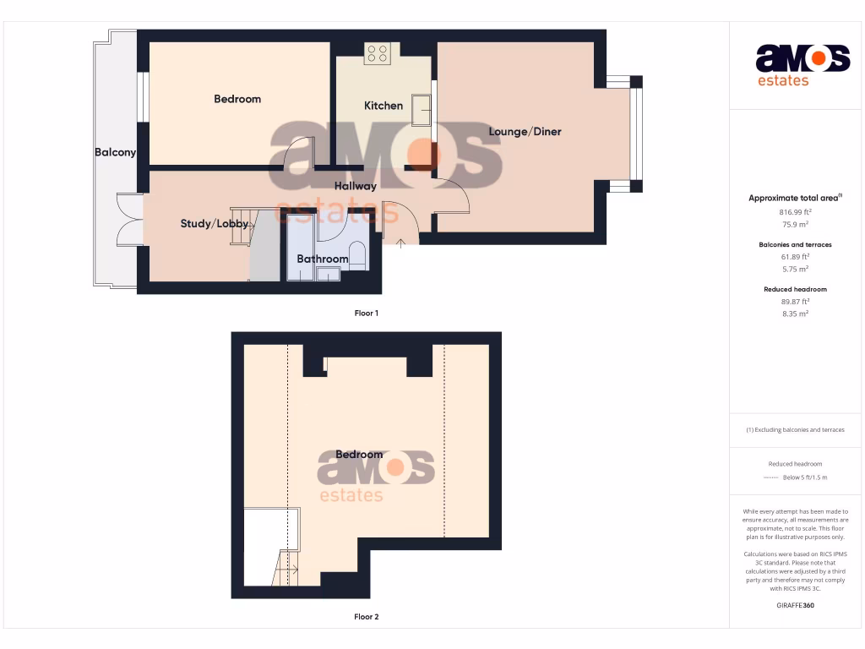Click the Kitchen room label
pos(384,106)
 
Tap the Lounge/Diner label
pos(525,131)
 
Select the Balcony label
pos(115,152)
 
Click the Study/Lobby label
pos(215,224)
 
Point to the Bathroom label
pos(323,259)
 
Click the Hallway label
pos(356,186)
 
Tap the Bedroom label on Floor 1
pos(237,99)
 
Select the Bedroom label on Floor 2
pos(359,454)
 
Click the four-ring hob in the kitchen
pos(377,54)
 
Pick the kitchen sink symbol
pos(421,110)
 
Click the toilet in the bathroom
pos(357,254)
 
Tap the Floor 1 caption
pos(366,314)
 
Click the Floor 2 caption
pos(366,617)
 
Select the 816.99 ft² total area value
pos(795,212)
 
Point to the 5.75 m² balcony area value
pos(795,269)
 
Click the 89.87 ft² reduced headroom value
pos(795,301)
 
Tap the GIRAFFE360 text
pos(795,605)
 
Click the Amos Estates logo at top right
pos(802,65)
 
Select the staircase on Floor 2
pos(286,568)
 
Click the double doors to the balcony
pos(129,220)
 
